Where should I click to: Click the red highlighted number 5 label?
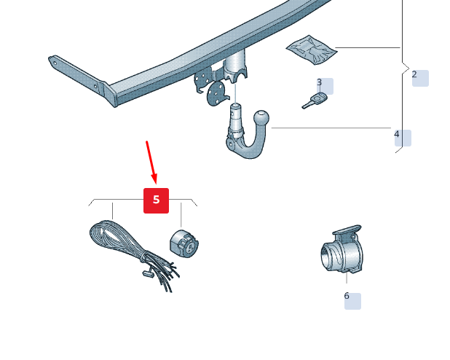click(156, 200)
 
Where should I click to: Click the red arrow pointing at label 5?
click(151, 163)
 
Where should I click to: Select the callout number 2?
click(414, 74)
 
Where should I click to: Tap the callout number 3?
click(320, 82)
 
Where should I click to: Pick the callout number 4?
click(397, 134)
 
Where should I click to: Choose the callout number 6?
click(347, 296)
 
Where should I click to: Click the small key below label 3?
click(315, 101)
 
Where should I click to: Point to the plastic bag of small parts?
click(312, 50)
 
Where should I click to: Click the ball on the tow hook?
click(261, 118)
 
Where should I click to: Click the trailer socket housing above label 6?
click(342, 253)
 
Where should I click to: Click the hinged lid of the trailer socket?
click(347, 230)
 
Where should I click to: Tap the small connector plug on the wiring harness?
click(148, 273)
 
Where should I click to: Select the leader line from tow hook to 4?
click(331, 128)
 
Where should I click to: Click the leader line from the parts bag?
click(368, 47)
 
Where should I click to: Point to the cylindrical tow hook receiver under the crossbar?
click(235, 66)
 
